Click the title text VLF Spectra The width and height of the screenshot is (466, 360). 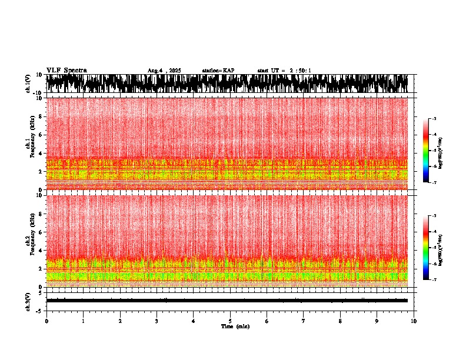(x=66, y=70)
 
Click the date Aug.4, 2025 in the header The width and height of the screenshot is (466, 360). (x=164, y=71)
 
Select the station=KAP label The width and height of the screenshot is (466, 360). (x=218, y=71)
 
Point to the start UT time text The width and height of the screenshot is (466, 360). (x=284, y=71)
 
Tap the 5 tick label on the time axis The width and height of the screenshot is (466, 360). (x=230, y=321)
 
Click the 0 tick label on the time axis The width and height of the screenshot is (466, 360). (x=46, y=321)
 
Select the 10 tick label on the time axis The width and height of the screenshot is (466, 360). (x=414, y=321)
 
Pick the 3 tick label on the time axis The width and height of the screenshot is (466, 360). (x=157, y=321)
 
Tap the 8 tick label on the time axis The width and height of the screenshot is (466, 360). (x=340, y=321)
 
